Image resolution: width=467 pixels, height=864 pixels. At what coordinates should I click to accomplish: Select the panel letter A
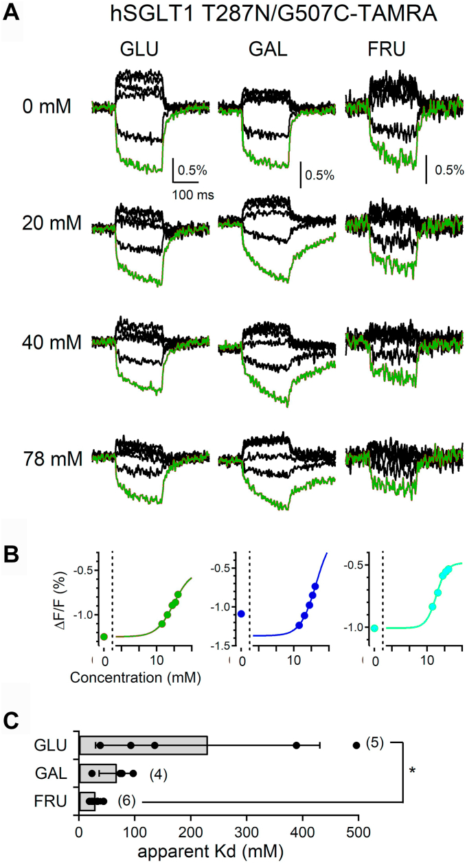[x=11, y=12]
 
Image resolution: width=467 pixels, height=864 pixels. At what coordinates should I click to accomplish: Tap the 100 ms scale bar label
[x=193, y=195]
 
